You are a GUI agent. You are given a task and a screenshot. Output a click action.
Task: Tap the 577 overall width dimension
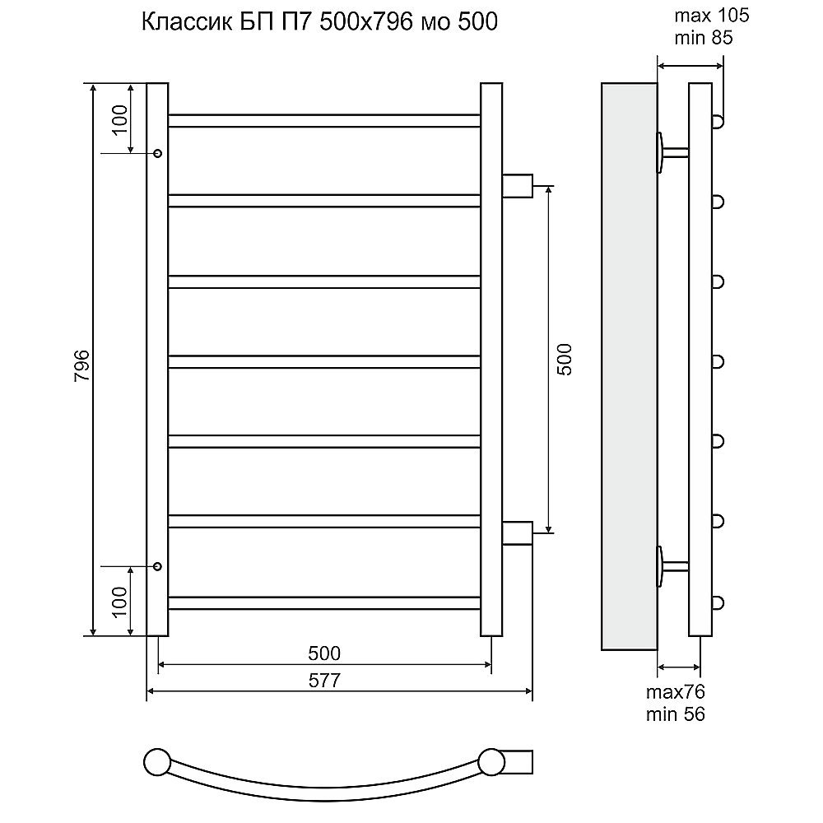point(324,681)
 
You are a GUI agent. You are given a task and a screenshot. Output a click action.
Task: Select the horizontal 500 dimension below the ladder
point(324,653)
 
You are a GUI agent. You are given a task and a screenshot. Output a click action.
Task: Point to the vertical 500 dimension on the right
point(565,359)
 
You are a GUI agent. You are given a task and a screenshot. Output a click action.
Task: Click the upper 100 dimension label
point(120,119)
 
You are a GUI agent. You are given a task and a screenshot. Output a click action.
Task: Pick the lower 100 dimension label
point(120,602)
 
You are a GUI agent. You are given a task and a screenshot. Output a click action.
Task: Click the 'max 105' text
point(711,16)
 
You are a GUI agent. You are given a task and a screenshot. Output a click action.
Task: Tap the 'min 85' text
point(704,39)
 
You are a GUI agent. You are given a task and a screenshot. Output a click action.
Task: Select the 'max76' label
point(675,692)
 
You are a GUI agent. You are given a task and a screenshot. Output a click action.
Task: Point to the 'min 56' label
point(675,714)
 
